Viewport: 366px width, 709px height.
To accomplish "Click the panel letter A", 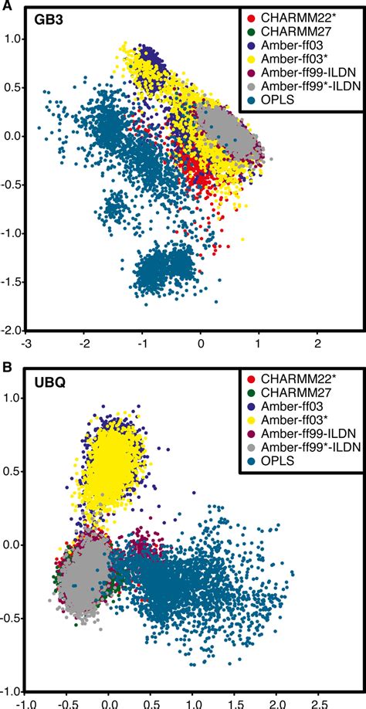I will click(x=6, y=6).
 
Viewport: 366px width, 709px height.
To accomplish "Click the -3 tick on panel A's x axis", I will click(x=27, y=341).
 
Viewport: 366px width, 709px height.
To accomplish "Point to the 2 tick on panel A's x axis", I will click(x=317, y=341).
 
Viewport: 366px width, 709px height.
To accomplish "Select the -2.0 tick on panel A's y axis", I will click(x=12, y=331).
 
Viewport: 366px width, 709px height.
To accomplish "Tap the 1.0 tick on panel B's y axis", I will click(x=14, y=398).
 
